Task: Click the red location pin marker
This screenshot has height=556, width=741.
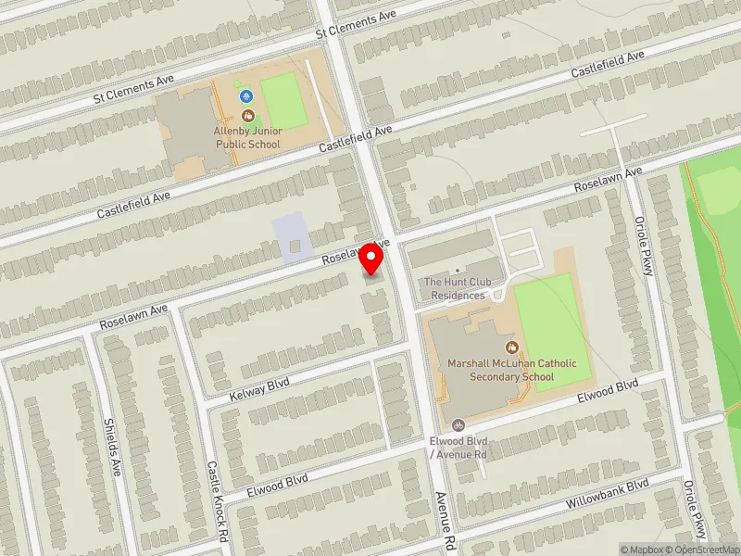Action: point(371,259)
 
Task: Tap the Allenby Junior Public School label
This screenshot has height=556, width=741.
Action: point(248,138)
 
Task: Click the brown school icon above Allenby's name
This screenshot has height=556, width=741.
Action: point(247,116)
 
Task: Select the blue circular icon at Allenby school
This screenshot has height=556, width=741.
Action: point(245,95)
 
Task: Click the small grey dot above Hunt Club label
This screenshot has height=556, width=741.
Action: point(457,271)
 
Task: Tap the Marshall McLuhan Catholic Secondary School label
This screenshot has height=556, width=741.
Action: point(511,370)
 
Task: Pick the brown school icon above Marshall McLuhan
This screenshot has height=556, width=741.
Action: point(510,347)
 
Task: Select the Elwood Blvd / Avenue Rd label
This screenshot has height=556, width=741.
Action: point(458,448)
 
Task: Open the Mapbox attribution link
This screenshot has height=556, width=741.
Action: point(640,550)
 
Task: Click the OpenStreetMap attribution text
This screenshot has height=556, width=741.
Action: point(700,550)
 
